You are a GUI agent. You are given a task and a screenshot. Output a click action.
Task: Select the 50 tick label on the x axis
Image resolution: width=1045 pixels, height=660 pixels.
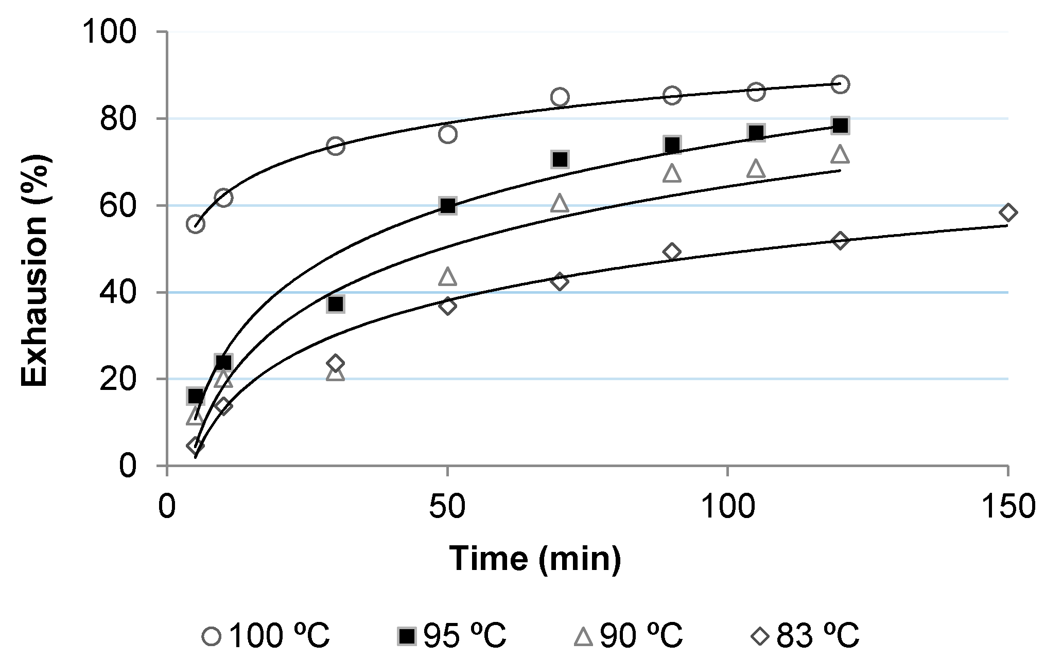tap(447, 506)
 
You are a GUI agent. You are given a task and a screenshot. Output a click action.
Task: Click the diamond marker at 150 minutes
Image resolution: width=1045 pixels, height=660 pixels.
tap(1008, 212)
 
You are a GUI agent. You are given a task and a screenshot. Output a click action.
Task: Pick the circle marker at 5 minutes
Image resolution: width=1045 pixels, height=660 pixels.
tap(196, 224)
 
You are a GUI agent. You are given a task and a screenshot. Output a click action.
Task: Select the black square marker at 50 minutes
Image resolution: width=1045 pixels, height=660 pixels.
tap(447, 206)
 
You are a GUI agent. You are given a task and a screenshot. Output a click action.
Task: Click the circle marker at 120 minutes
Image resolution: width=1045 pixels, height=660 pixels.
tap(840, 84)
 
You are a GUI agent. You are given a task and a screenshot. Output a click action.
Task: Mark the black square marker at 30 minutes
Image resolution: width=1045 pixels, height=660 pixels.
tap(336, 304)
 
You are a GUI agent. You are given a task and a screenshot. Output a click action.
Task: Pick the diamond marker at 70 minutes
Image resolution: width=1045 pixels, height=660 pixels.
tap(560, 281)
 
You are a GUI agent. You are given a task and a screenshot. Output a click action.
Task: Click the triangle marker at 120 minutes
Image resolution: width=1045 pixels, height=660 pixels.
tap(840, 154)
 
